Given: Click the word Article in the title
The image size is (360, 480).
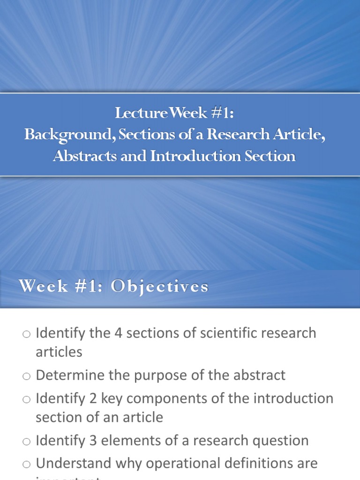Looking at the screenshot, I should click(302, 135).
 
